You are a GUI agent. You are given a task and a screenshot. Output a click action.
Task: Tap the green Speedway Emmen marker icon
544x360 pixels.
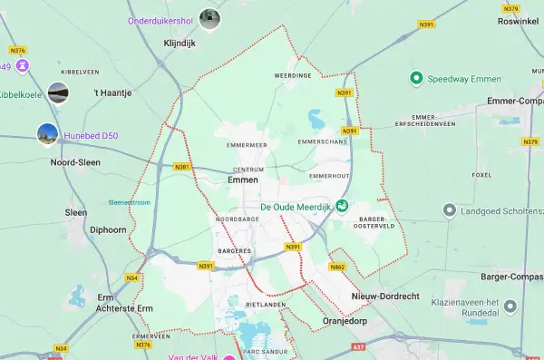[x=416, y=78]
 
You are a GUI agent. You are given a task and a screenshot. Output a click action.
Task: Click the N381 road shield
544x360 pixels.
[x=182, y=167]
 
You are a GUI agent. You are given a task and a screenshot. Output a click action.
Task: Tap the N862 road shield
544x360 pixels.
[x=337, y=267]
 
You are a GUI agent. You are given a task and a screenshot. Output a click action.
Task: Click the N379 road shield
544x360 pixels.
[x=531, y=141]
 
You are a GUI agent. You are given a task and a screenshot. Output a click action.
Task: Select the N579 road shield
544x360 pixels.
[x=510, y=8]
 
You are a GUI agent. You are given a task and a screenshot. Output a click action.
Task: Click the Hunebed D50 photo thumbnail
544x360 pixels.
[x=47, y=135]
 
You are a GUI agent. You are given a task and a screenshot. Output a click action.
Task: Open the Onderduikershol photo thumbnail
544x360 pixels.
[x=209, y=18]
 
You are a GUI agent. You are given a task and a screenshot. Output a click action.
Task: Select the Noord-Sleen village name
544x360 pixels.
[x=75, y=162]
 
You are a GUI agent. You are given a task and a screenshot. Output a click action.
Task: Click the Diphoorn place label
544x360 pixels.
[x=108, y=229]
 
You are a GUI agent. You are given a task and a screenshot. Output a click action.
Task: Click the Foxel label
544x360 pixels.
[x=481, y=175]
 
